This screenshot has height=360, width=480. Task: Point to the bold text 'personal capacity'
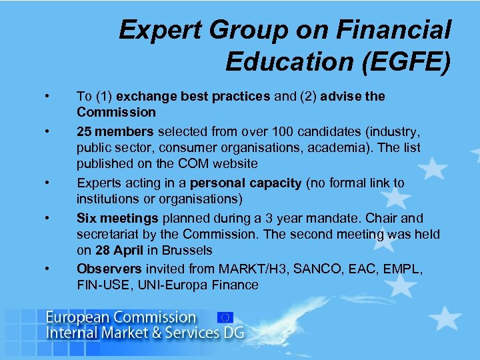point(246,183)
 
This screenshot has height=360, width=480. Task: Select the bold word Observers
point(109,268)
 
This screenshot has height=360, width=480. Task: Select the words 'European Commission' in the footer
point(121,317)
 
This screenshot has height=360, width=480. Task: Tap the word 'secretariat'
point(109,234)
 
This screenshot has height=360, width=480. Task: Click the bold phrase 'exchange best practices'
point(193,97)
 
